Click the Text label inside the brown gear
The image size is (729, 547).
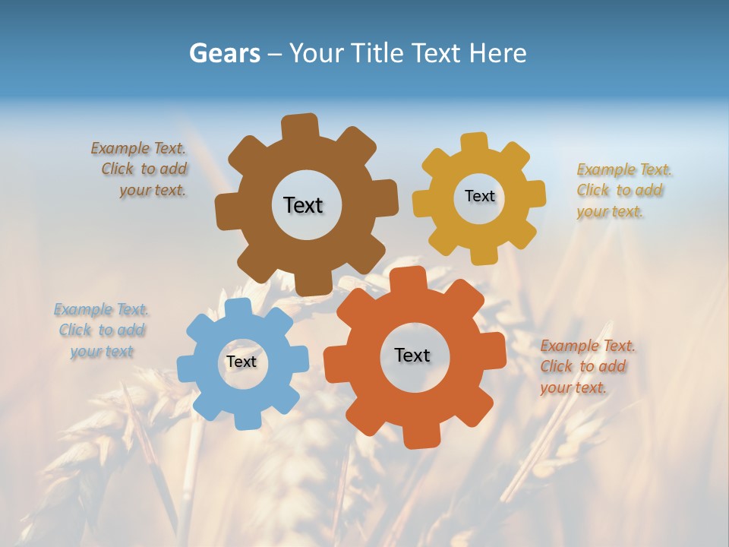tap(303, 205)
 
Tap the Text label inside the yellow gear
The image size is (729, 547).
tap(479, 196)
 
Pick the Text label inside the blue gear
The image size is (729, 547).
tap(241, 362)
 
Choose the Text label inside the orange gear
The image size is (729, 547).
tap(412, 355)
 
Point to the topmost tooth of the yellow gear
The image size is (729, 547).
tap(475, 143)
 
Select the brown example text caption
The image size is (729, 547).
tap(140, 169)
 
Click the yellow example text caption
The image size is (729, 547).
tap(623, 190)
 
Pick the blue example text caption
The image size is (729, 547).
tap(102, 330)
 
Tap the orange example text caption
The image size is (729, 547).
tap(586, 367)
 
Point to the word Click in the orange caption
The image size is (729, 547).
tap(556, 366)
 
